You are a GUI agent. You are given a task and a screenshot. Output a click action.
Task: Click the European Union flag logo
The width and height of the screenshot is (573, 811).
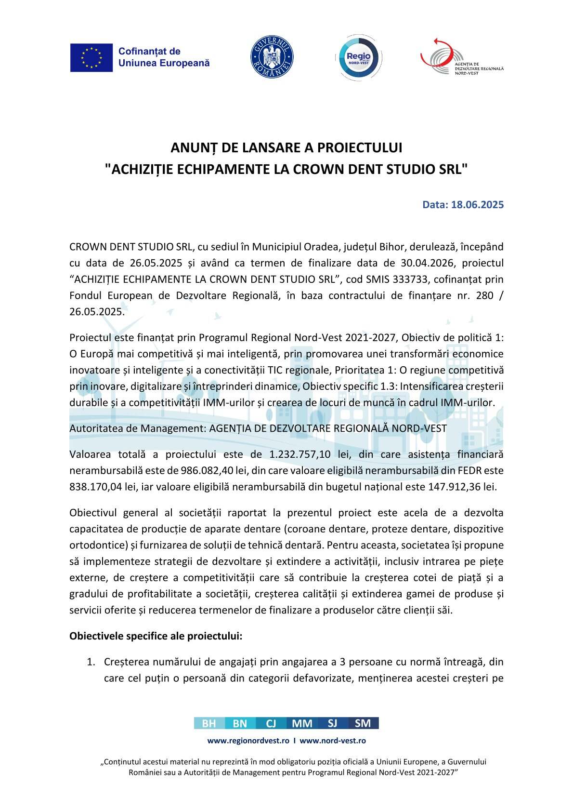(91, 57)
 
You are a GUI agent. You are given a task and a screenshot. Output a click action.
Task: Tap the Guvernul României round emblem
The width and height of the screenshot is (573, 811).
(272, 57)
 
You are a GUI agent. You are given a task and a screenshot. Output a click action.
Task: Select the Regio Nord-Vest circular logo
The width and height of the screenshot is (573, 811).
(354, 57)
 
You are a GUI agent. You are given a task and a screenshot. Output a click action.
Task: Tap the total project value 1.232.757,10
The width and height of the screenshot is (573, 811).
(297, 454)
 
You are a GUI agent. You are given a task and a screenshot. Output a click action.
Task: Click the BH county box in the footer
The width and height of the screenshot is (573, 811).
(209, 723)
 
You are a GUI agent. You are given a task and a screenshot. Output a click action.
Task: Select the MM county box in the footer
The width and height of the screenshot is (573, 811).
(302, 723)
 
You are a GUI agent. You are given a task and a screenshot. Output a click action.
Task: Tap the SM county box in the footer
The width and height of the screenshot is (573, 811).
(363, 723)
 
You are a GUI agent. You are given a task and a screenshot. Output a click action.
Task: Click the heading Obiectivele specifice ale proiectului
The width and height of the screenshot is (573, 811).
(156, 636)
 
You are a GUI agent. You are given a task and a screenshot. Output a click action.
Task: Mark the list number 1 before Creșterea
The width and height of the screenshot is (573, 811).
(90, 662)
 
